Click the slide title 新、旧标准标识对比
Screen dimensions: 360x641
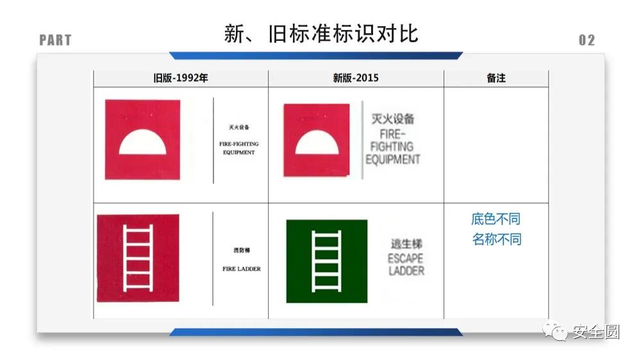tap(321, 33)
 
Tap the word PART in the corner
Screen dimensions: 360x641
tap(55, 40)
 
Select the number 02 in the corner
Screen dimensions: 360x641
tap(587, 40)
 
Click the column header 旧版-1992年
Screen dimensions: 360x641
tap(181, 78)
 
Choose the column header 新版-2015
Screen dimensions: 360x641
tap(356, 78)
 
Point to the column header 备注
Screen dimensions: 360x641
tap(496, 78)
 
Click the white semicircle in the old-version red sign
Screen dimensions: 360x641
tap(142, 143)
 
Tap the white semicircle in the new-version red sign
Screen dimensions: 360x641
tap(317, 143)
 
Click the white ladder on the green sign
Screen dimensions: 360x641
tap(326, 260)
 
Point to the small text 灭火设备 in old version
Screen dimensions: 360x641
tap(239, 127)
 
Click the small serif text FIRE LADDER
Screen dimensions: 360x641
tap(242, 269)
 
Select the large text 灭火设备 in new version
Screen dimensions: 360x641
tap(393, 119)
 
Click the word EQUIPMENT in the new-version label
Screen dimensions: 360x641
tap(393, 159)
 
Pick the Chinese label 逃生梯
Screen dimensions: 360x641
tap(406, 244)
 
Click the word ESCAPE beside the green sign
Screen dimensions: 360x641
tap(405, 259)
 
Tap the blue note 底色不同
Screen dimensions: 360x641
tap(496, 219)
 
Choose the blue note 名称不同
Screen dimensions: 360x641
tap(496, 240)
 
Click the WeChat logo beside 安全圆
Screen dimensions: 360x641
tap(554, 332)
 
